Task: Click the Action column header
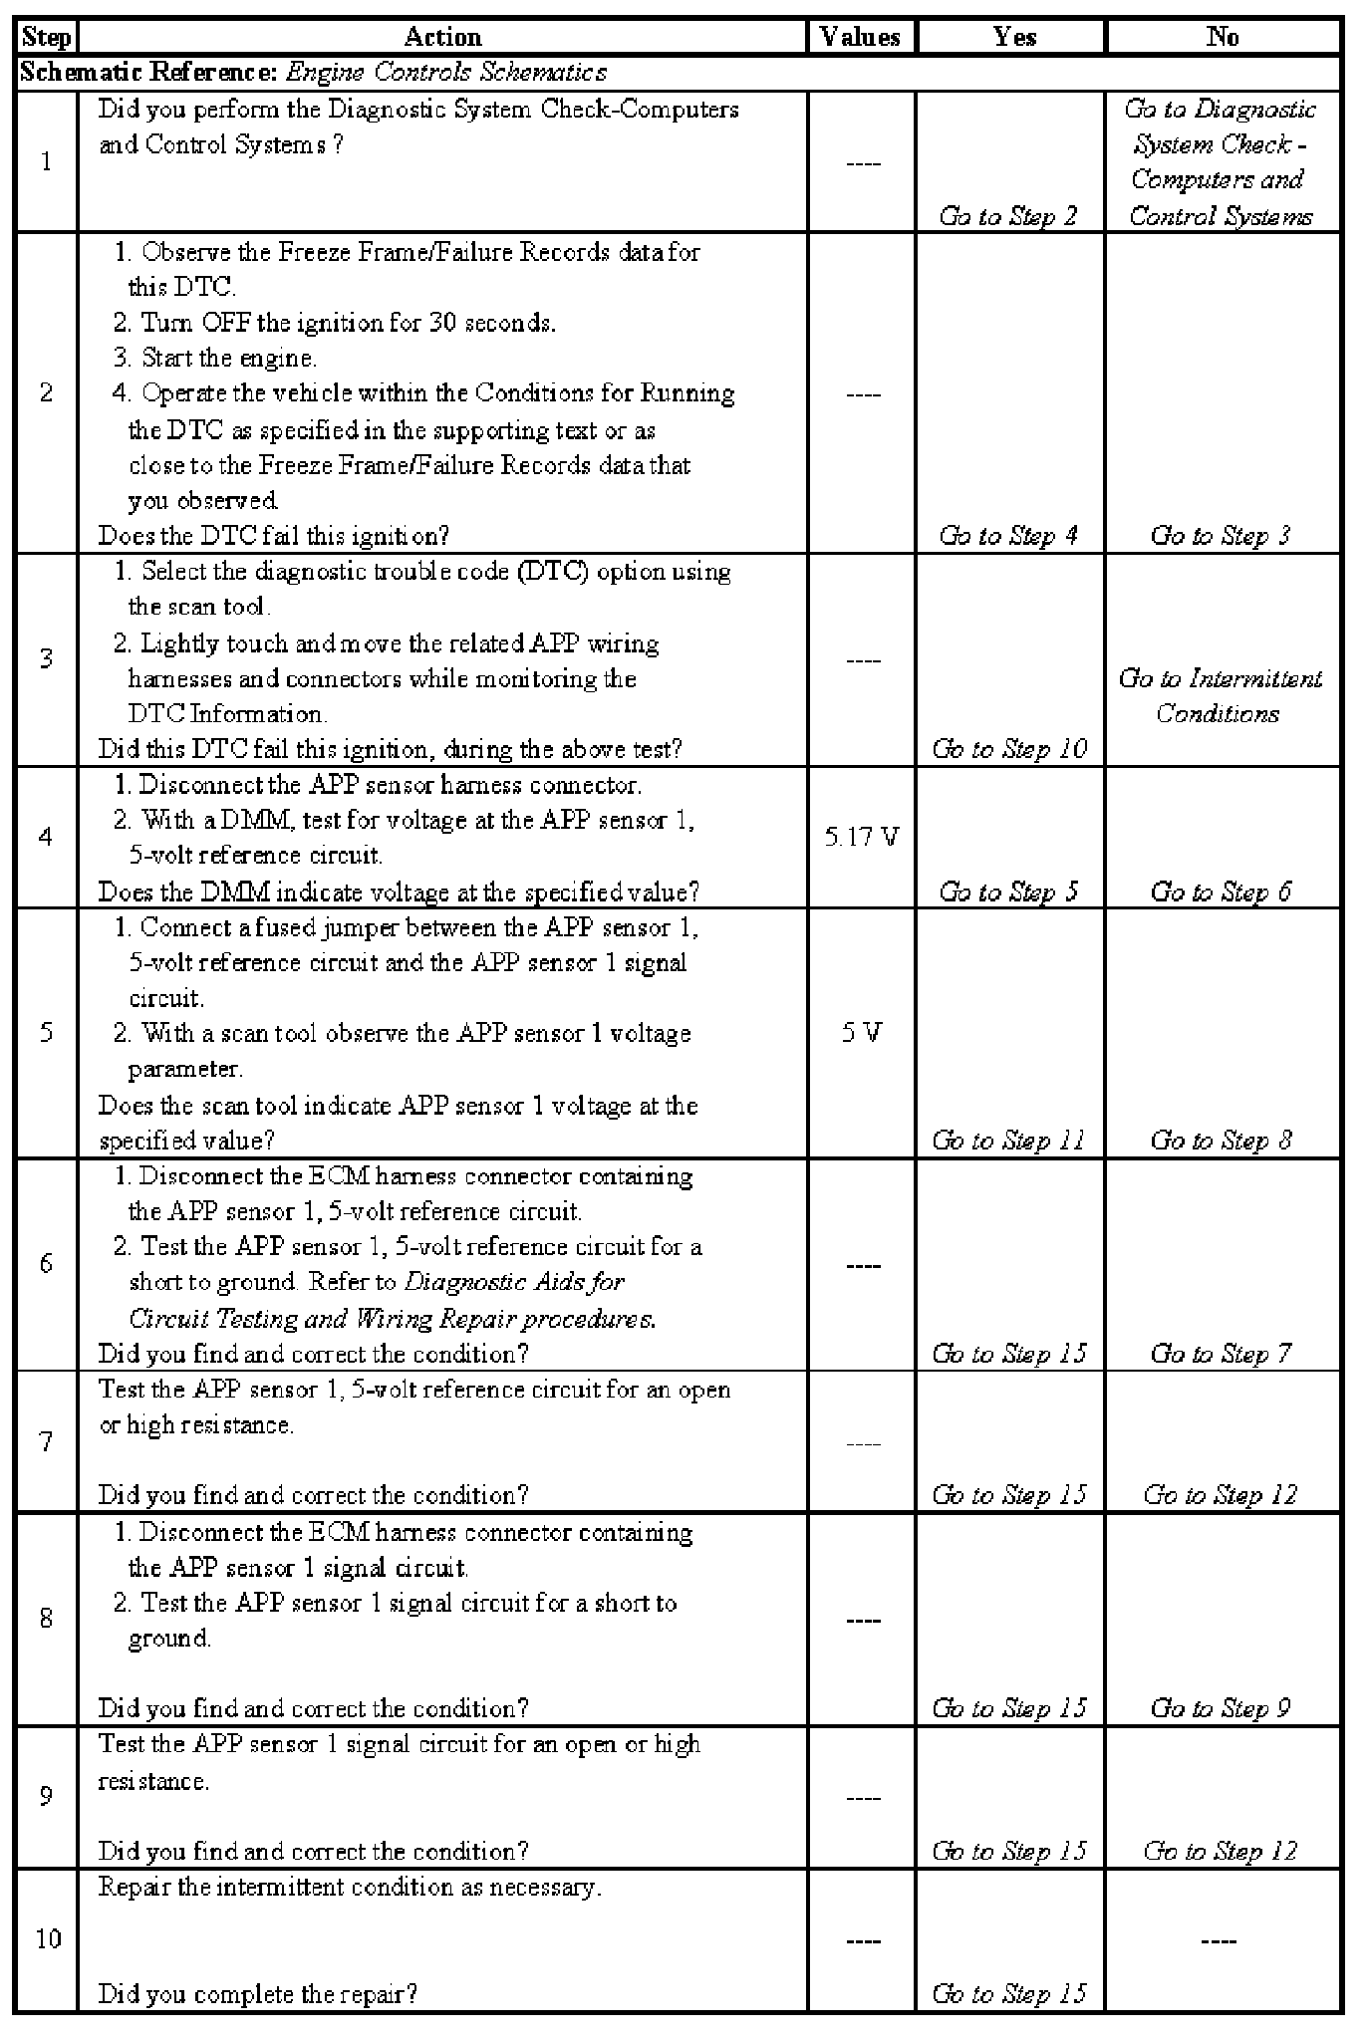click(442, 38)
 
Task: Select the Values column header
click(861, 38)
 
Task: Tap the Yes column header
click(1014, 38)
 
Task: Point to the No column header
click(1223, 38)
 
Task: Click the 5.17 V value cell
click(862, 837)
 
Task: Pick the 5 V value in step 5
click(862, 1033)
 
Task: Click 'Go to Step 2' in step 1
click(1008, 216)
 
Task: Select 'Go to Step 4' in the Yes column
click(1008, 536)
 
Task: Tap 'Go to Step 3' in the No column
click(1221, 536)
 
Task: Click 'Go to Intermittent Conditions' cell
click(1221, 696)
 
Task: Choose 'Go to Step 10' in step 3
click(1009, 749)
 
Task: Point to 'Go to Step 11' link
click(1009, 1141)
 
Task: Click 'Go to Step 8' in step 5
click(1221, 1141)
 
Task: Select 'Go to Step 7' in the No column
click(1221, 1354)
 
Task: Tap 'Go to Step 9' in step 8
click(1221, 1708)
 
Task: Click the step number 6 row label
click(46, 1264)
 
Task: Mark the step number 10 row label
click(48, 1939)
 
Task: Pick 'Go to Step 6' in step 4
click(1221, 892)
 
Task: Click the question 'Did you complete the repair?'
click(257, 1993)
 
